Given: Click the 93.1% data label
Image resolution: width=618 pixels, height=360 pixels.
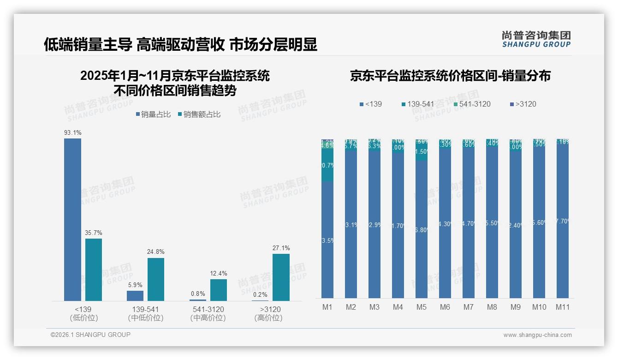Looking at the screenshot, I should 72,133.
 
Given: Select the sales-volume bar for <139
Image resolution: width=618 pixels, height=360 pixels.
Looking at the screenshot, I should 72,220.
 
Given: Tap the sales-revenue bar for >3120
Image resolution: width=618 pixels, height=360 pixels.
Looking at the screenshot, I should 281,277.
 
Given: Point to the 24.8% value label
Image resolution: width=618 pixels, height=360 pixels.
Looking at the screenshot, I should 156,252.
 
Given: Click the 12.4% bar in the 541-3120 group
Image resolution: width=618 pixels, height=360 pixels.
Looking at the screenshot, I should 219,290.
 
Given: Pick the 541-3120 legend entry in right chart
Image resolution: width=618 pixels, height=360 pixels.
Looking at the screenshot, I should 469,104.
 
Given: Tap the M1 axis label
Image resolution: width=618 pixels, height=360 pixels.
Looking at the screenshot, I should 327,307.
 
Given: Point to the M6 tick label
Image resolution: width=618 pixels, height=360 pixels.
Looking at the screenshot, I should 445,307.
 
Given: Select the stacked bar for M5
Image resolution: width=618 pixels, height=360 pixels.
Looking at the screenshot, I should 421,219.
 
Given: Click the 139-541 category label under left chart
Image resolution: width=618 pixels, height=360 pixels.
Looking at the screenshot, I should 145,309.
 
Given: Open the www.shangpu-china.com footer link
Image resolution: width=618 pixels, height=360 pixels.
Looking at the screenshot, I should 537,335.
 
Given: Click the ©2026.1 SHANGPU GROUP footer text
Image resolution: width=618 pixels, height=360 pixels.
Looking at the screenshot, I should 90,335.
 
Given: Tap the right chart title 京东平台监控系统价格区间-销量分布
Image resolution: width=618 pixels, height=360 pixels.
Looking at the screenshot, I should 450,76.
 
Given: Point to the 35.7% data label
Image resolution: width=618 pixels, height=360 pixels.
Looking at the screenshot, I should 94,233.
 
